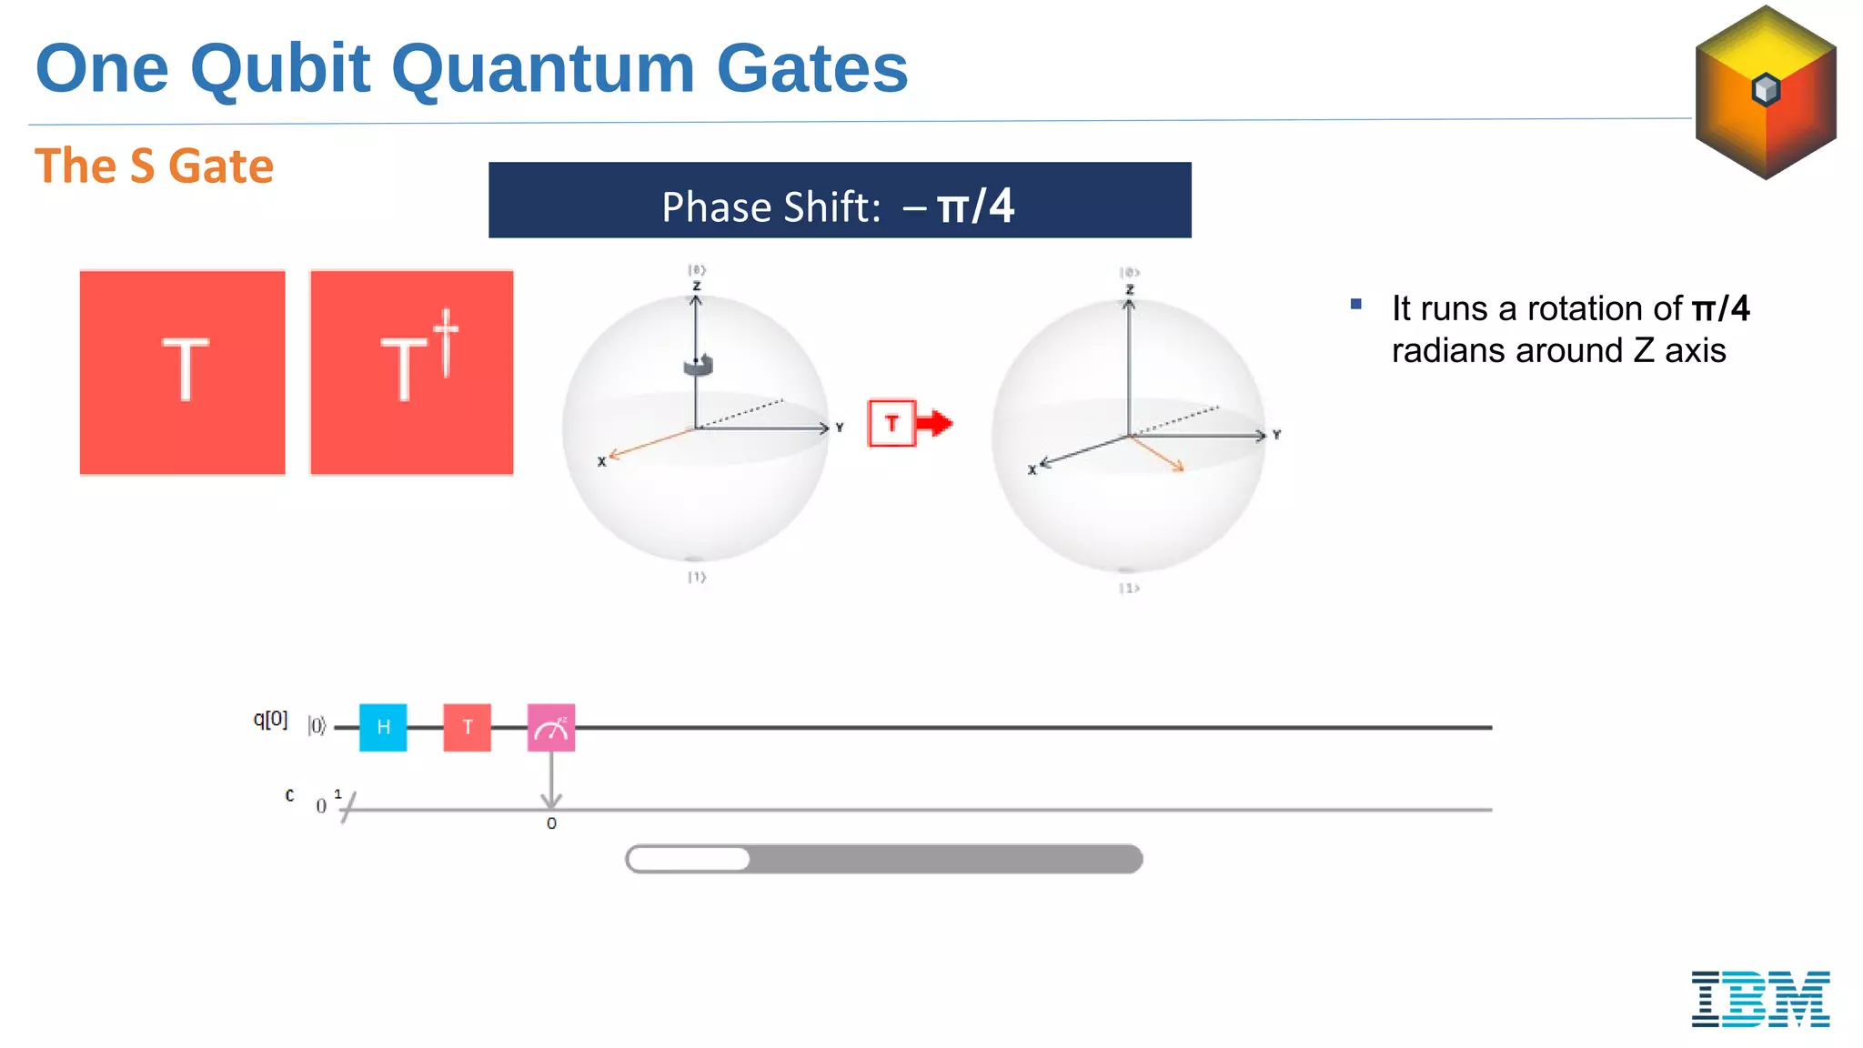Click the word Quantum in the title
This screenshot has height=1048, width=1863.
point(542,69)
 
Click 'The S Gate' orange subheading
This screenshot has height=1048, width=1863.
point(154,166)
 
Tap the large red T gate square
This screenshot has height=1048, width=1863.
point(183,372)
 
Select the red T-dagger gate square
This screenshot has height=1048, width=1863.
point(412,372)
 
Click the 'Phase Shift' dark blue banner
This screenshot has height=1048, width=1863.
point(839,201)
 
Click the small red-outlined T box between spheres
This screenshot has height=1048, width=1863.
point(891,423)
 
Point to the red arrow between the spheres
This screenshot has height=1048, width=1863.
point(934,423)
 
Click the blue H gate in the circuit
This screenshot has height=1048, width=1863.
point(383,727)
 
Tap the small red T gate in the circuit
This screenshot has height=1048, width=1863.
point(467,727)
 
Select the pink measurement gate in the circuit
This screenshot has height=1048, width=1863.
point(550,727)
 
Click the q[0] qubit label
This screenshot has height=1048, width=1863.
point(270,720)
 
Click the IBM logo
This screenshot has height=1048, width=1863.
point(1760,999)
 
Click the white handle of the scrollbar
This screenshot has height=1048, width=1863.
point(689,859)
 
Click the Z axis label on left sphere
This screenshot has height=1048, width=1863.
point(697,286)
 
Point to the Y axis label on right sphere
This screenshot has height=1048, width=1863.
point(1276,435)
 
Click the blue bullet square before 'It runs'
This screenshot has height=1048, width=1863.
point(1356,305)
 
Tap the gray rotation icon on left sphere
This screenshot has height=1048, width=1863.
point(698,365)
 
